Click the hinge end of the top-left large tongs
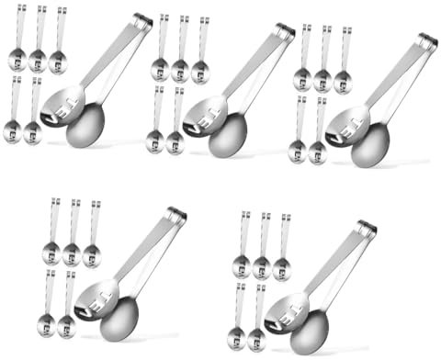pyautogui.click(x=142, y=20)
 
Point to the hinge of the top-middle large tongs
pyautogui.click(x=286, y=30)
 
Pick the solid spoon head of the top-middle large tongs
pyautogui.click(x=227, y=136)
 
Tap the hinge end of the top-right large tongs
pyautogui.click(x=428, y=40)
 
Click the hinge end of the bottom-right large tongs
pyautogui.click(x=367, y=227)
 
